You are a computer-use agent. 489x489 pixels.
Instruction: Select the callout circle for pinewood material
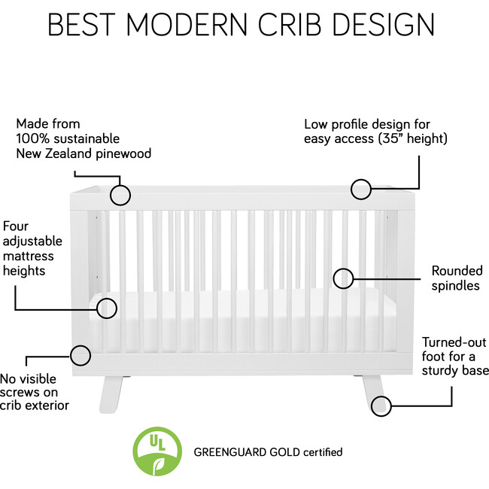pos(120,194)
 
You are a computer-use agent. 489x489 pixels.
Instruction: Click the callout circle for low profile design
pos(362,189)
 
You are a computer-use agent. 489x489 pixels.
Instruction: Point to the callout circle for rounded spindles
pos(344,278)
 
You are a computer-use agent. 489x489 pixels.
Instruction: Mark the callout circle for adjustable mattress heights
pos(108,308)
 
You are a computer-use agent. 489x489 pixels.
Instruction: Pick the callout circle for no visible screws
pos(80,354)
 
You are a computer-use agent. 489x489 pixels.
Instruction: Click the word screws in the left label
pos(20,392)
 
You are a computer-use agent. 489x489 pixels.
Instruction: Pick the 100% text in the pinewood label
pos(32,138)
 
